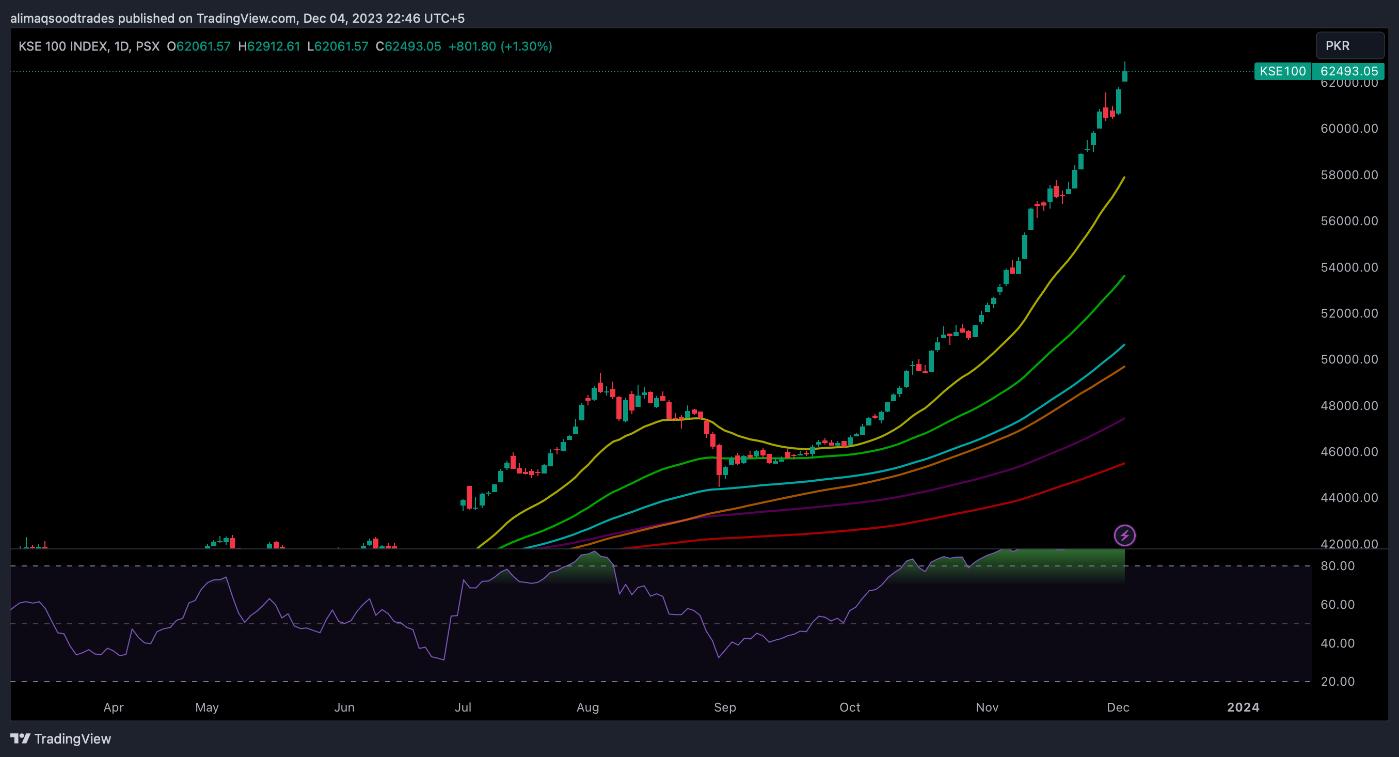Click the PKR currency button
coord(1349,45)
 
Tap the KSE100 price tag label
coord(1282,71)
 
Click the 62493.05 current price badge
coord(1348,71)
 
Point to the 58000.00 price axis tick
coord(1349,175)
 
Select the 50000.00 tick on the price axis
coord(1349,359)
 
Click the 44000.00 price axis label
coord(1349,498)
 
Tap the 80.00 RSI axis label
coord(1337,566)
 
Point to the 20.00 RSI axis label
coord(1337,682)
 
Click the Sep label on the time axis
coord(724,707)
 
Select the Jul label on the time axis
coord(463,707)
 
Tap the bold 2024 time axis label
coord(1243,707)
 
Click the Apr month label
coord(114,707)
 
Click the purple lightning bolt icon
coord(1124,535)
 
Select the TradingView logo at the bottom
coord(61,738)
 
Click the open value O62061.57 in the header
coord(198,46)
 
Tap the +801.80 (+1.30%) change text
coord(500,46)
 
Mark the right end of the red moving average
coord(1124,464)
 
